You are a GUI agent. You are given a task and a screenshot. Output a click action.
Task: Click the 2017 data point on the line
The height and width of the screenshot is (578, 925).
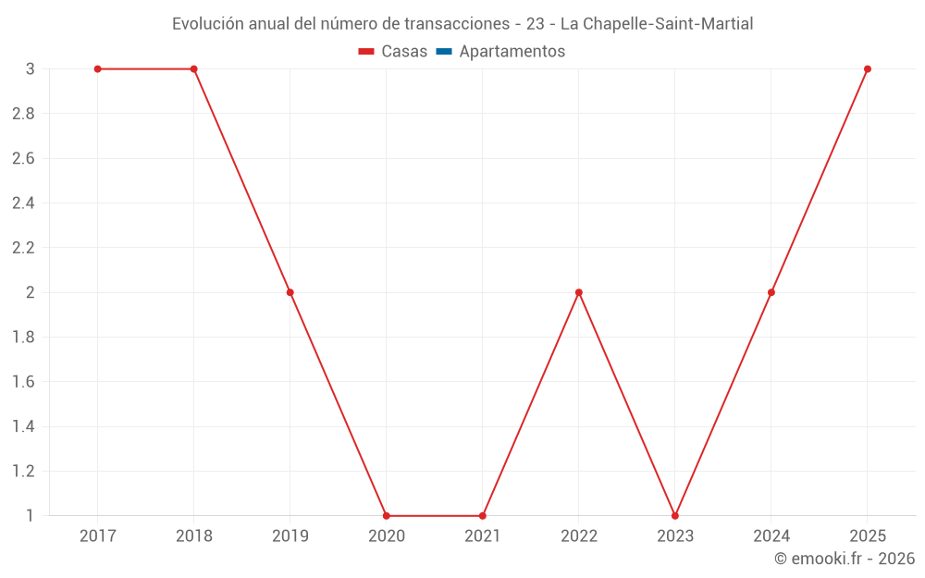pos(97,69)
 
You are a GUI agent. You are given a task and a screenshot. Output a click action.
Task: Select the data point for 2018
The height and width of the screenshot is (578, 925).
pos(193,69)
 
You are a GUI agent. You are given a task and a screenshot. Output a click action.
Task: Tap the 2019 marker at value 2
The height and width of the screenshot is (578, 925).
pos(290,292)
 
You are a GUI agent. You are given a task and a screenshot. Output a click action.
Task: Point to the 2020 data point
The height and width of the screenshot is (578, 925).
pos(386,515)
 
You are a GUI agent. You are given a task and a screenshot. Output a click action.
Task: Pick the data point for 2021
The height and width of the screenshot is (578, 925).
pos(482,515)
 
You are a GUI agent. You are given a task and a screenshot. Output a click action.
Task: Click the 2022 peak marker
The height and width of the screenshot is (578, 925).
pos(578,292)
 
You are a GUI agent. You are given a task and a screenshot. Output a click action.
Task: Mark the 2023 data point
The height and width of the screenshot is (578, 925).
pos(674,515)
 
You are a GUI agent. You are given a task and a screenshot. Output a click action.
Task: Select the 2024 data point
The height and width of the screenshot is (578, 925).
pos(771,292)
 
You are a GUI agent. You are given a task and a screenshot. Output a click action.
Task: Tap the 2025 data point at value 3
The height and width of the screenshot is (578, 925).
pos(867,69)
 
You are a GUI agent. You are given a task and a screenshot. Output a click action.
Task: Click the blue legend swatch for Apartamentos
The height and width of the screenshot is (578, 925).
pos(443,52)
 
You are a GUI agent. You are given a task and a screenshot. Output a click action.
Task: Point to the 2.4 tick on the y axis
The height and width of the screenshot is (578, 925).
pos(23,203)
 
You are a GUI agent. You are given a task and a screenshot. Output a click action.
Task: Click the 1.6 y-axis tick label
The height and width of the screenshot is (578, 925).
pos(23,382)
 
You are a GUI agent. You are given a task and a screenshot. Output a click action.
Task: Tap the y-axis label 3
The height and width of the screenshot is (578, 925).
pos(30,69)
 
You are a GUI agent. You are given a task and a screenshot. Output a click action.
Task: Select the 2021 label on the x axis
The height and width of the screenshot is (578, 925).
pos(482,536)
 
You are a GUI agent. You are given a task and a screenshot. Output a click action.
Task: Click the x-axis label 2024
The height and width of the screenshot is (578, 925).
pos(771,536)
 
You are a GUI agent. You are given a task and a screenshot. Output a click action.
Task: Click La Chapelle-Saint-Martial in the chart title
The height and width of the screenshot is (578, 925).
pos(657,24)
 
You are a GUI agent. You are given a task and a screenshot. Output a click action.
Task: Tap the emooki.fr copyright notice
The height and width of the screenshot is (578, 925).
pos(845,559)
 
